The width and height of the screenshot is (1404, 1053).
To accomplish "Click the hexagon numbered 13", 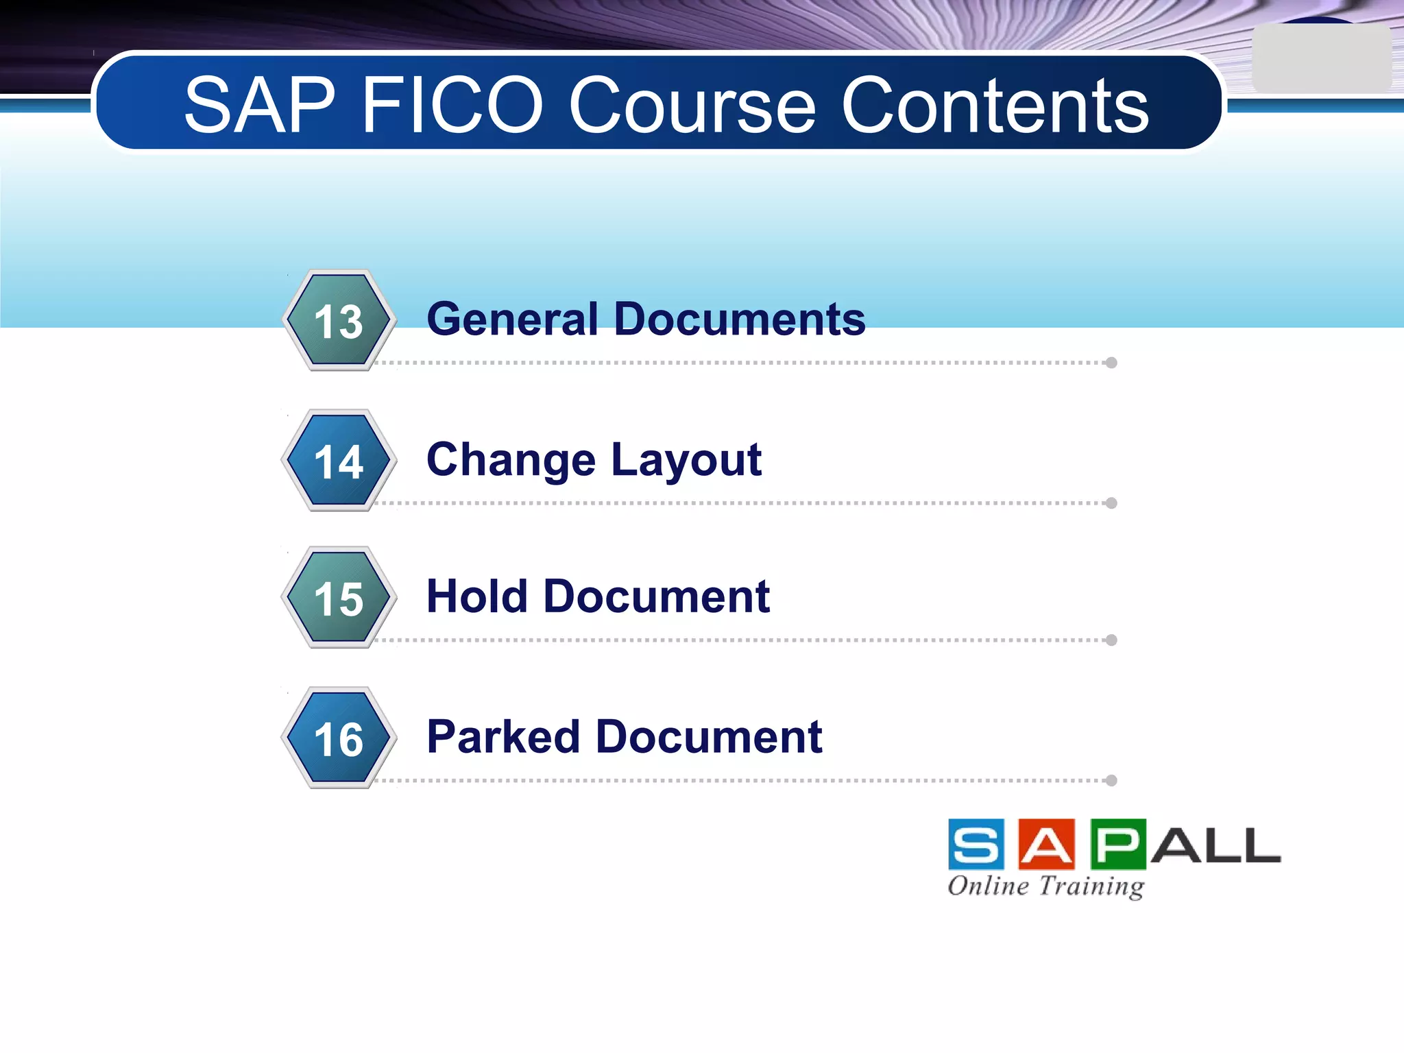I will (339, 321).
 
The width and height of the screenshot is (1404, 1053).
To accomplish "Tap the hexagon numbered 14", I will (339, 461).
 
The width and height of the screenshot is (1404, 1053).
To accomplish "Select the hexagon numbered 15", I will (339, 598).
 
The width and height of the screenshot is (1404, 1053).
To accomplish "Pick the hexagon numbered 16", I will (339, 738).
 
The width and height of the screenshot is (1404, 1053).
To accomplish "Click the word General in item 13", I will (513, 319).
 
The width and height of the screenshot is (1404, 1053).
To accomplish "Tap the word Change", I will (511, 459).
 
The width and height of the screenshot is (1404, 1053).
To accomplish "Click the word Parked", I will (503, 737).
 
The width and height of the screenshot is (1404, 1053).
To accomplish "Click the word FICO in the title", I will (452, 106).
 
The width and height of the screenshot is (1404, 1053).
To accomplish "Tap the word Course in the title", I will (692, 106).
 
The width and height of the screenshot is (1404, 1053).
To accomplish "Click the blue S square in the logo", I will (976, 845).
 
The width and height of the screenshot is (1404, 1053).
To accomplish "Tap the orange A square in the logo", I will (1046, 845).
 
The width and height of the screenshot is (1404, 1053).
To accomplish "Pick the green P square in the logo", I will (1117, 845).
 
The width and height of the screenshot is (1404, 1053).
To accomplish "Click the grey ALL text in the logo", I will (1215, 846).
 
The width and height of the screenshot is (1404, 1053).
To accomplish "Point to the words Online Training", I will (1046, 886).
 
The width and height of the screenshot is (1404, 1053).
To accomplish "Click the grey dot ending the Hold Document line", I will (1111, 640).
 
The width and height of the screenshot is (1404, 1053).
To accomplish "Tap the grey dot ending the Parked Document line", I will (1111, 780).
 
